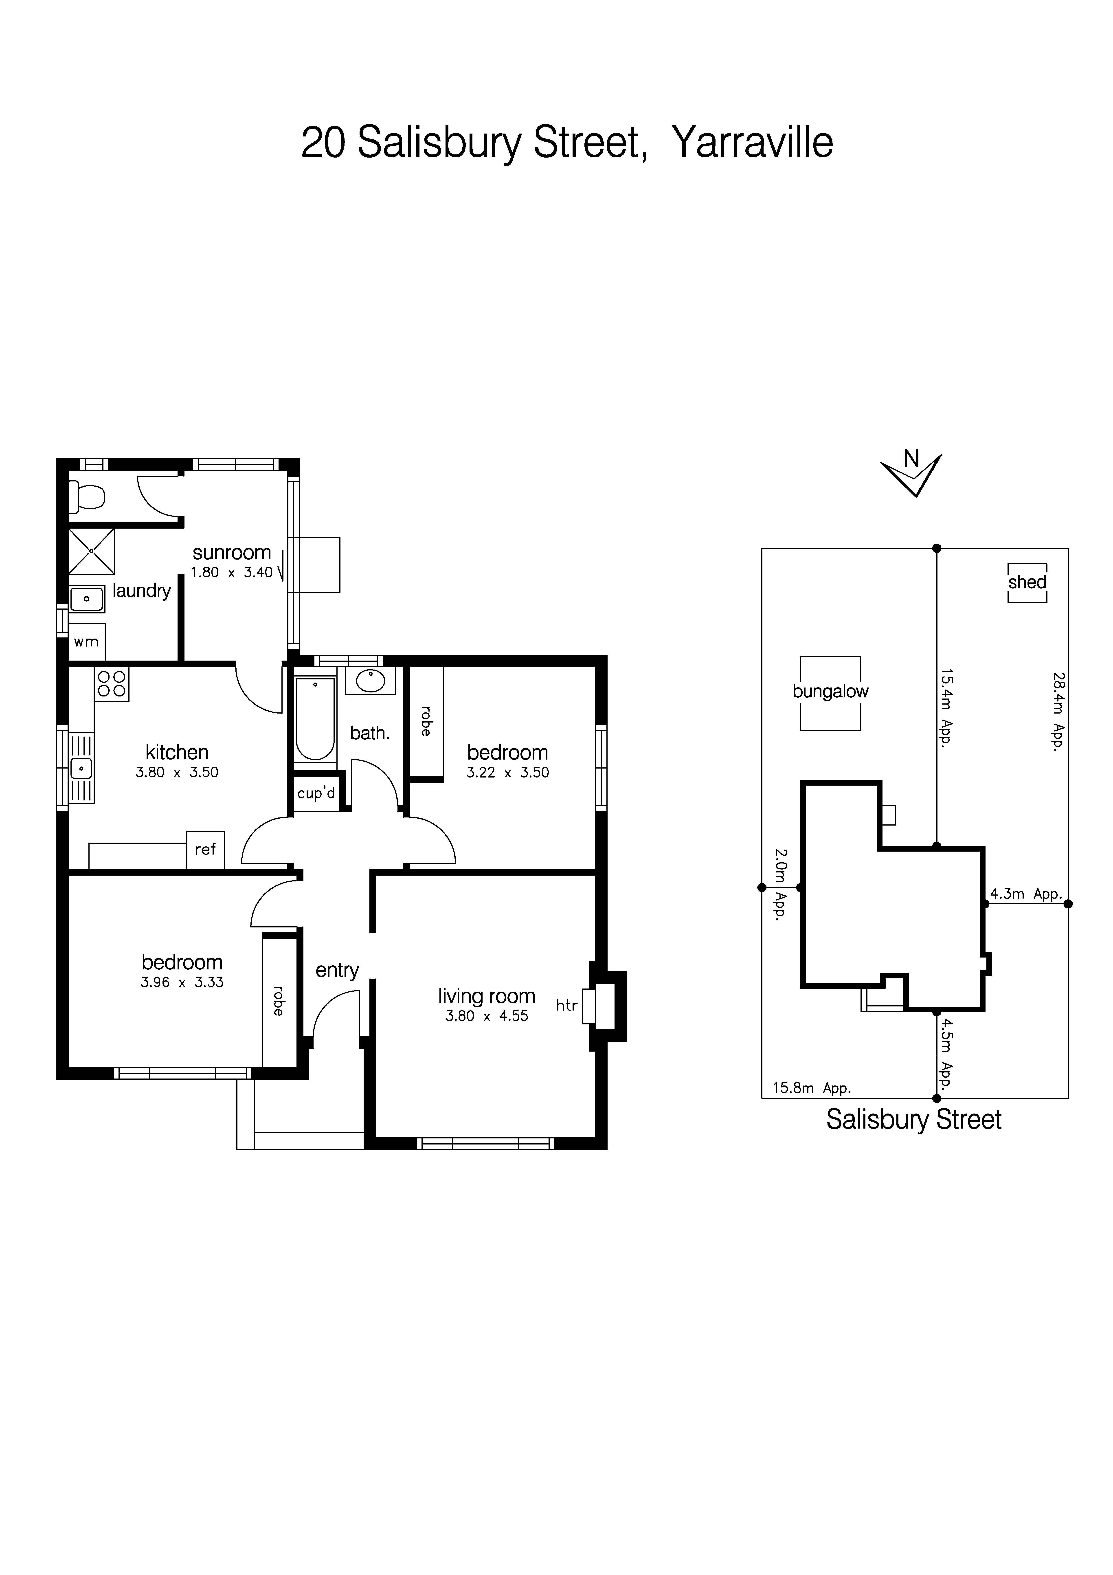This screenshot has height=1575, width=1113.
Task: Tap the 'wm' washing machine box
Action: coord(86,642)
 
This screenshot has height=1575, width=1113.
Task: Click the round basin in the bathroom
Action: coord(370,681)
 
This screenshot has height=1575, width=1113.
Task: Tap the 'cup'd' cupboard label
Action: coord(316,794)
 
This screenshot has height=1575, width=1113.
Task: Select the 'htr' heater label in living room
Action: coord(566,1006)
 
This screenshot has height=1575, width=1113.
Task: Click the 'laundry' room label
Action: coord(141,591)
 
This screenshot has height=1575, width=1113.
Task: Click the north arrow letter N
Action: coord(911,458)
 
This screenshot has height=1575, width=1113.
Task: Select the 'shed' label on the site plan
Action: coord(1027,582)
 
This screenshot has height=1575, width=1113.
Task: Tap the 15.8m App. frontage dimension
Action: coord(811,1087)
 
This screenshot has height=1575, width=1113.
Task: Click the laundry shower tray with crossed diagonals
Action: coord(91,551)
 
